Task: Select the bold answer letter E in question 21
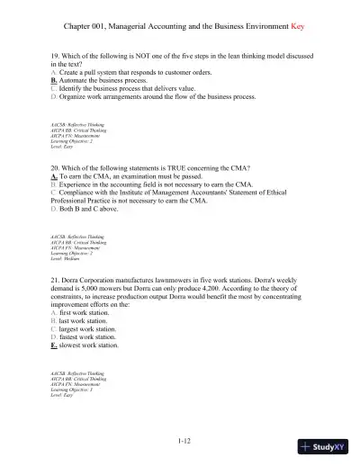pyautogui.click(x=54, y=345)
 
